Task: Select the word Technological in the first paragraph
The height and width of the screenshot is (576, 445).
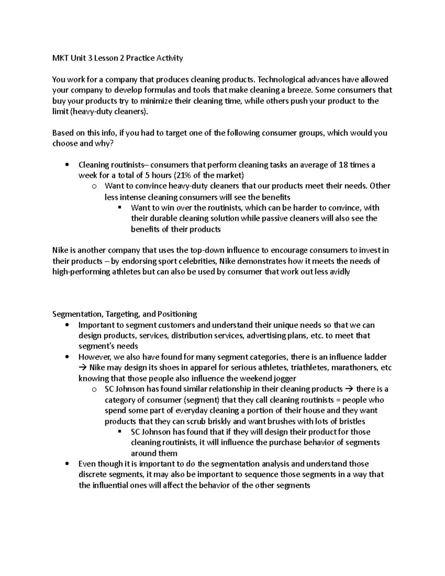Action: (x=280, y=79)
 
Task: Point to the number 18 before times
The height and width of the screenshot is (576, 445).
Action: (x=343, y=165)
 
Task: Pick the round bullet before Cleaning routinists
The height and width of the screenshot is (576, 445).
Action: (x=67, y=165)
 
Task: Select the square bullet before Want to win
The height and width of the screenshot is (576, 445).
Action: (x=119, y=208)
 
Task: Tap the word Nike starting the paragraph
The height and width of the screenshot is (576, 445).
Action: (x=60, y=250)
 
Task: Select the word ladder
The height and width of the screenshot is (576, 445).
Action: (x=373, y=357)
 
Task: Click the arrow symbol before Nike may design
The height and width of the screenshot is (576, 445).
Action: (x=82, y=368)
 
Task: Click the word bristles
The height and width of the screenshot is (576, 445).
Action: (x=350, y=421)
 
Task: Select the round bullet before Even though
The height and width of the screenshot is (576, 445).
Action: (x=67, y=464)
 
